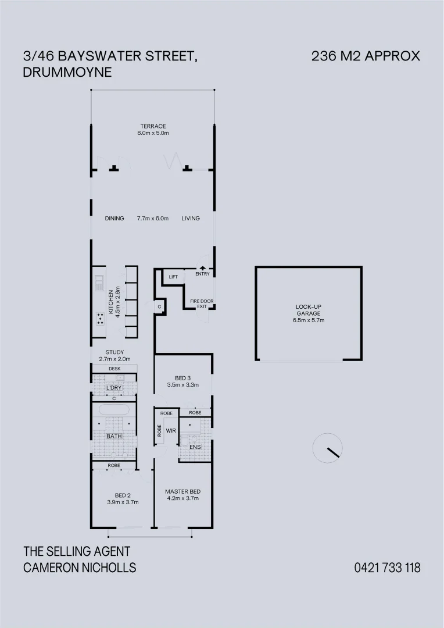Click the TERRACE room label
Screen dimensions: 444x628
click(x=153, y=126)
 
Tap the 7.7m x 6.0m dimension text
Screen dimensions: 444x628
click(x=152, y=218)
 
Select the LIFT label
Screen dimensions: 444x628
click(x=173, y=277)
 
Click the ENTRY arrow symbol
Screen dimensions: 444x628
click(x=203, y=268)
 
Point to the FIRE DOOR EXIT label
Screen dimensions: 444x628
click(x=202, y=304)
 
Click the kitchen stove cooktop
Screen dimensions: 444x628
click(x=100, y=319)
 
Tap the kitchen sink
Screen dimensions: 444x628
click(x=99, y=283)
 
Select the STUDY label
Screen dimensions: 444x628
click(x=114, y=352)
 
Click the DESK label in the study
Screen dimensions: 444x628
click(x=114, y=369)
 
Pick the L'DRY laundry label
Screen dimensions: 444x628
click(x=114, y=388)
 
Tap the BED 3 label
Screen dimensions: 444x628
click(x=182, y=378)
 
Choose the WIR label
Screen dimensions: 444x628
click(x=171, y=431)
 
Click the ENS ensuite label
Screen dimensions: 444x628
click(x=195, y=447)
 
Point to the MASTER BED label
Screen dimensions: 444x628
click(x=182, y=491)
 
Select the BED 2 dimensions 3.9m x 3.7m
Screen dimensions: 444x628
click(x=123, y=502)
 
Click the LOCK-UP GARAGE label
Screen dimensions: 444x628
click(x=308, y=310)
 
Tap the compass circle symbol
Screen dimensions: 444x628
click(x=328, y=448)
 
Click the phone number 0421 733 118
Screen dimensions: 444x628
click(x=387, y=568)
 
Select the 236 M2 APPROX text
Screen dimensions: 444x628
click(x=366, y=56)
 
